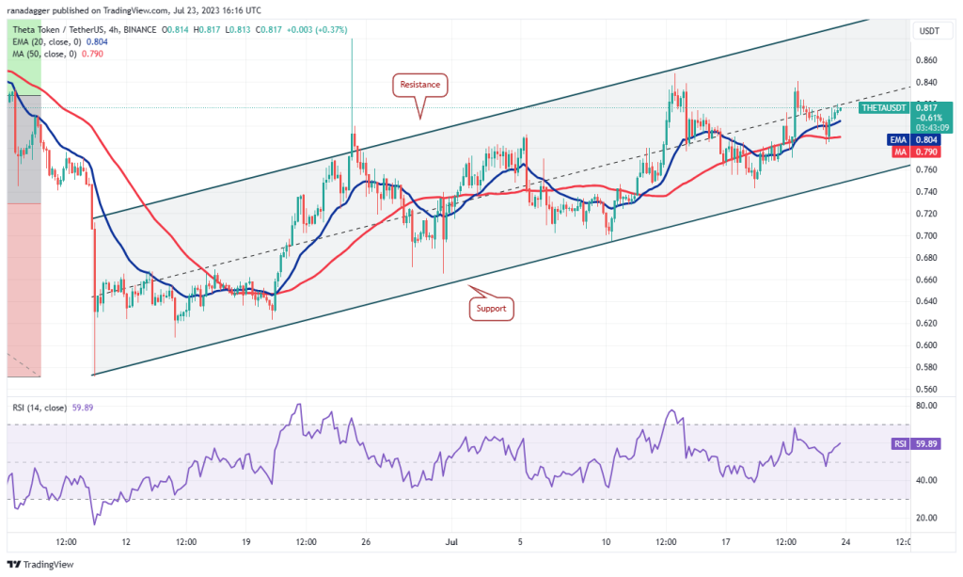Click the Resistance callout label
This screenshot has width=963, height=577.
pyautogui.click(x=419, y=85)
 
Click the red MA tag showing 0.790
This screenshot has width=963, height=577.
pyautogui.click(x=898, y=151)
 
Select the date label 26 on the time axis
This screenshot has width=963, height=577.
pyautogui.click(x=366, y=541)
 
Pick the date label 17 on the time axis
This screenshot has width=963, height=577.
pyautogui.click(x=726, y=541)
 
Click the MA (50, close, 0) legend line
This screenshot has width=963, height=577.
pyautogui.click(x=52, y=54)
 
